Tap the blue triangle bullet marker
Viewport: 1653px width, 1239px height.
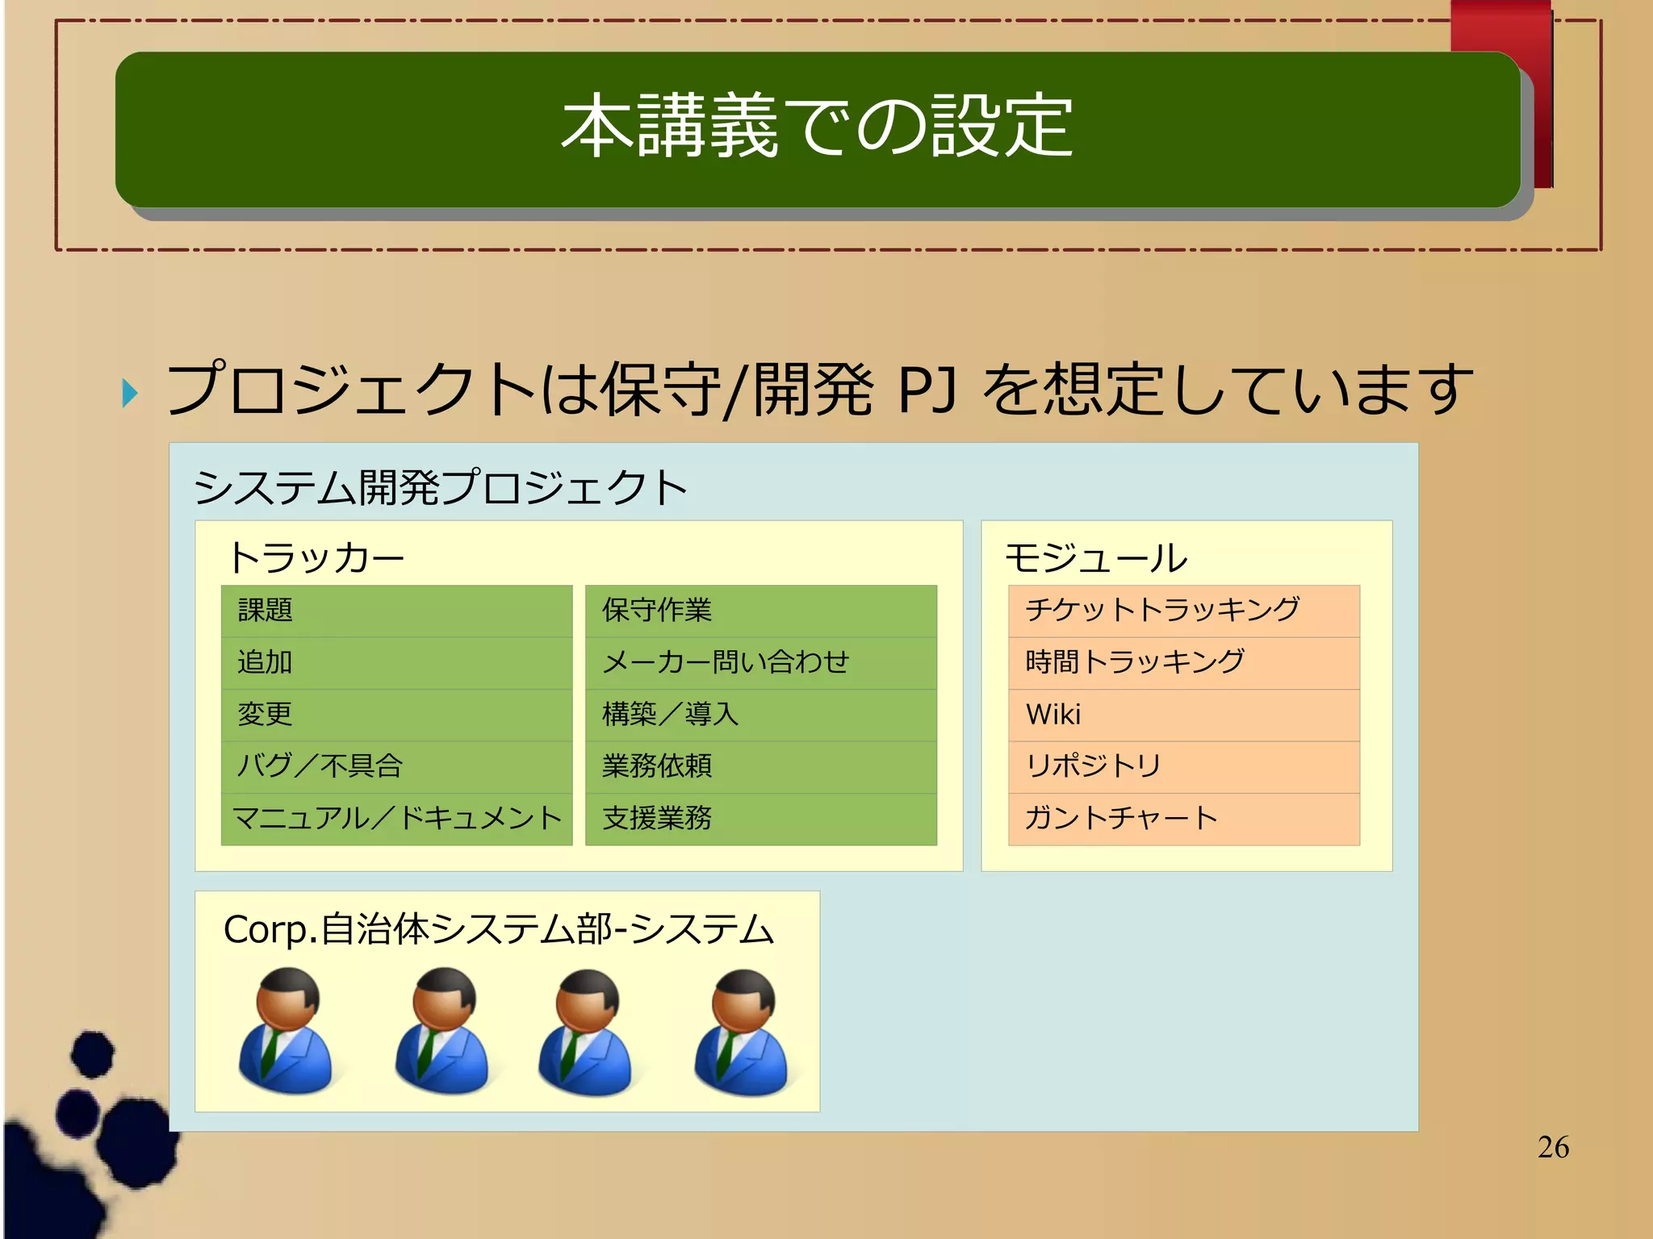[130, 393]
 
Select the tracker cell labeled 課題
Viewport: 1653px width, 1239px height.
[396, 611]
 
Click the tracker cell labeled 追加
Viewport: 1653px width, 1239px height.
[396, 663]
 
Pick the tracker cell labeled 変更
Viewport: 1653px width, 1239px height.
[396, 715]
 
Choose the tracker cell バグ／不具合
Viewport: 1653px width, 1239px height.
[396, 766]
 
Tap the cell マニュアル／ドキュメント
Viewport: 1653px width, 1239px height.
[396, 819]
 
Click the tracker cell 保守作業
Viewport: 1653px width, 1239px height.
[760, 611]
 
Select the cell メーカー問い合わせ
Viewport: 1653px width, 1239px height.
[760, 663]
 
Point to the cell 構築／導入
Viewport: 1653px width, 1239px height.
[760, 715]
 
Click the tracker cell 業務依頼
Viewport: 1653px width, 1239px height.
[760, 766]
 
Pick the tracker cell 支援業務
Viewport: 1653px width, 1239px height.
[760, 819]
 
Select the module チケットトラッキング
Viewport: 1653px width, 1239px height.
[1183, 611]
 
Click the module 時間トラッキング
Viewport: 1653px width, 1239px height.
[1183, 663]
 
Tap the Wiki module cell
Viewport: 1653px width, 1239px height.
[1183, 715]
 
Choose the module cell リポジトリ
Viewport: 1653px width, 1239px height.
[1183, 766]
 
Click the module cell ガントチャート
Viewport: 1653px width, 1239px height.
[1183, 819]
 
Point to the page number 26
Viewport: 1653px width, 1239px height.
[1553, 1147]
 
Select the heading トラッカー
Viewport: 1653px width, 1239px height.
[316, 558]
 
